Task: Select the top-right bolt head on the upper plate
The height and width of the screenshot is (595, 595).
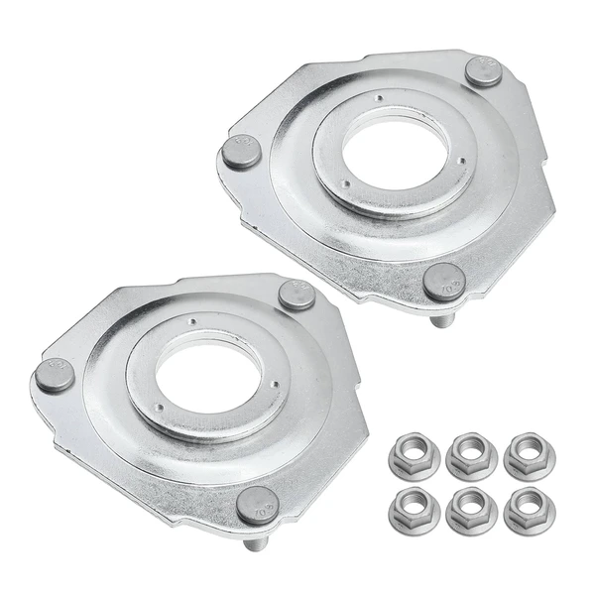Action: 481,71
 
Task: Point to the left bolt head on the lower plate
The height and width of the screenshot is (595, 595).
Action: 51,378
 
